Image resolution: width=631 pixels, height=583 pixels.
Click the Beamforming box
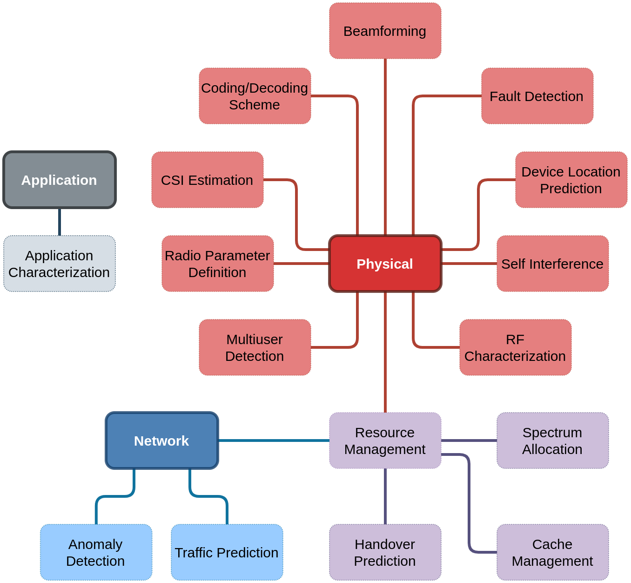pyautogui.click(x=385, y=31)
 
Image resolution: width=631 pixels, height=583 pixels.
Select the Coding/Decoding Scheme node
pyautogui.click(x=255, y=96)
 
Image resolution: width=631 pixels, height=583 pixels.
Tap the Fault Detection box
pyautogui.click(x=537, y=96)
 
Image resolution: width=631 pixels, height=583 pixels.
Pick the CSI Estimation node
pyautogui.click(x=208, y=180)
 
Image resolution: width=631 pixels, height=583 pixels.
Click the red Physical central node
pyautogui.click(x=385, y=264)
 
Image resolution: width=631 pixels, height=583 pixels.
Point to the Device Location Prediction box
pyautogui.click(x=571, y=180)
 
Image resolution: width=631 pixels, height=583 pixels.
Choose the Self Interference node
pyautogui.click(x=553, y=264)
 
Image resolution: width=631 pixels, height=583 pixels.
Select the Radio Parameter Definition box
pyautogui.click(x=218, y=264)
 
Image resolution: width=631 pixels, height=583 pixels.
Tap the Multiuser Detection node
pyautogui.click(x=255, y=347)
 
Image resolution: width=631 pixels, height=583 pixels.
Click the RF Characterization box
pyautogui.click(x=515, y=347)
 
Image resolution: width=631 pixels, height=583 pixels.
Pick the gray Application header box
pyautogui.click(x=60, y=180)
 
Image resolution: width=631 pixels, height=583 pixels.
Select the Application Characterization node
pyautogui.click(x=60, y=264)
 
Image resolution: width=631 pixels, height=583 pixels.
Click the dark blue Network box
pyautogui.click(x=162, y=441)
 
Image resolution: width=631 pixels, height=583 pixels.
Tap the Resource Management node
pyautogui.click(x=385, y=441)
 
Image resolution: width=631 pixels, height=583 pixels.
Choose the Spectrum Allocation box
pyautogui.click(x=553, y=441)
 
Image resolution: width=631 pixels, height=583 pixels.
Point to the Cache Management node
pyautogui.click(x=553, y=552)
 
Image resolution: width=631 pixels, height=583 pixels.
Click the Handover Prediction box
pyautogui.click(x=385, y=552)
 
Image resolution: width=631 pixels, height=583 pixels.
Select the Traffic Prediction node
pyautogui.click(x=227, y=552)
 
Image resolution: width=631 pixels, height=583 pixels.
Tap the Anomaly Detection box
pyautogui.click(x=96, y=552)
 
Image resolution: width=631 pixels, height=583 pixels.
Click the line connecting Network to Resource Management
pyautogui.click(x=274, y=441)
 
